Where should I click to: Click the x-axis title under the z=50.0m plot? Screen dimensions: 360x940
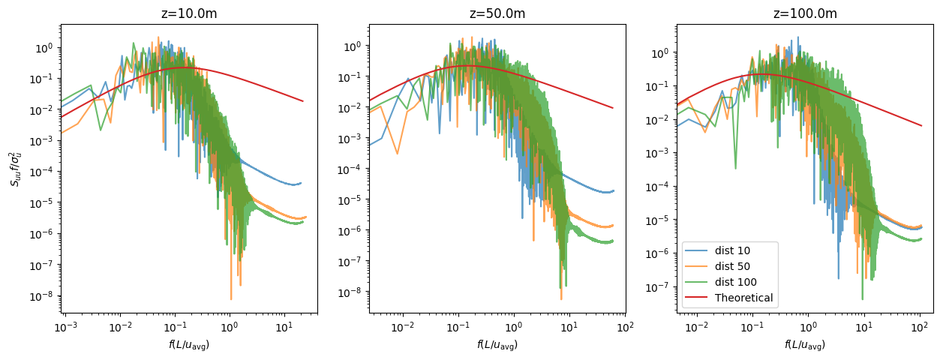(497, 344)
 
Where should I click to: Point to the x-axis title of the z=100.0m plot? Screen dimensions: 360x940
(805, 344)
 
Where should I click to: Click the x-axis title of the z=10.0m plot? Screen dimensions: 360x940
(189, 344)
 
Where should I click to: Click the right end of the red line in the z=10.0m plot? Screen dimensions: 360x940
(303, 101)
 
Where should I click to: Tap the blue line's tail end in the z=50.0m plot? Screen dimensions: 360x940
(614, 190)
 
